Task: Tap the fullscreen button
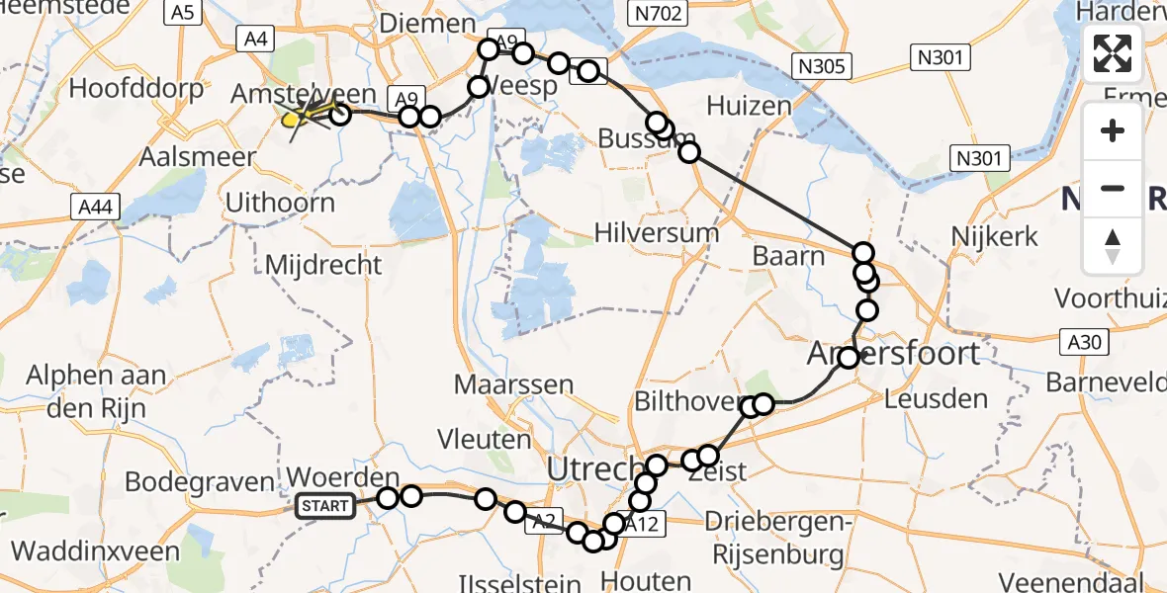tap(1113, 53)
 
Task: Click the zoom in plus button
tap(1113, 130)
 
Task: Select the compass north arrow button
tap(1113, 246)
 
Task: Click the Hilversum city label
tap(657, 232)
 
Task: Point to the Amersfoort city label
tap(894, 353)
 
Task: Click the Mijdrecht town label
tap(323, 264)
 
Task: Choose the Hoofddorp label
tap(136, 88)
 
